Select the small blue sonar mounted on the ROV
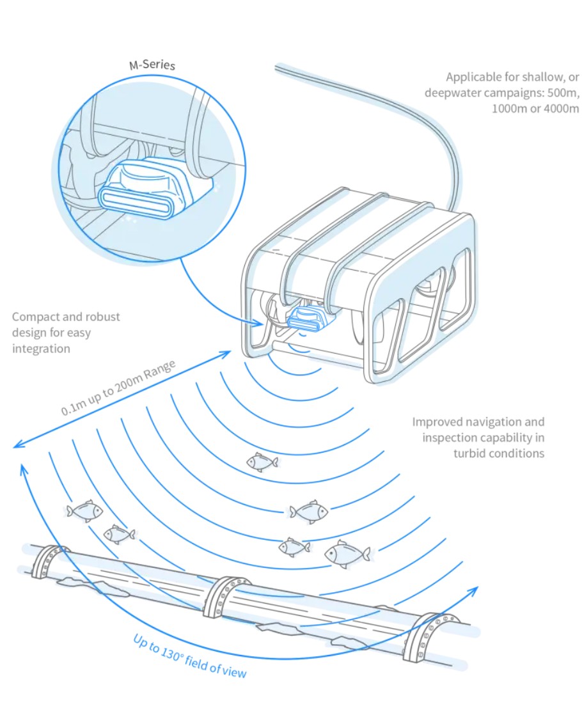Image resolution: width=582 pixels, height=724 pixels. pyautogui.click(x=306, y=317)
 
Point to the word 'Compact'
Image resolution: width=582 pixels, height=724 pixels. pyautogui.click(x=35, y=317)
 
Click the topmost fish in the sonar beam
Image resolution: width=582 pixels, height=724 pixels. pyautogui.click(x=262, y=461)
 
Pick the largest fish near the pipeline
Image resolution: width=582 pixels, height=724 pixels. pyautogui.click(x=346, y=554)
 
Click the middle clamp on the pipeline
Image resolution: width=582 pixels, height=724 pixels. pyautogui.click(x=226, y=596)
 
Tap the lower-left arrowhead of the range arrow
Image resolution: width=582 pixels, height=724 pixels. pyautogui.click(x=17, y=446)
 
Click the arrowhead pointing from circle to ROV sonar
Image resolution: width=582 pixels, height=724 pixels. pyautogui.click(x=260, y=324)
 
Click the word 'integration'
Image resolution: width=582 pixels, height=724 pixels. pyautogui.click(x=41, y=349)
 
